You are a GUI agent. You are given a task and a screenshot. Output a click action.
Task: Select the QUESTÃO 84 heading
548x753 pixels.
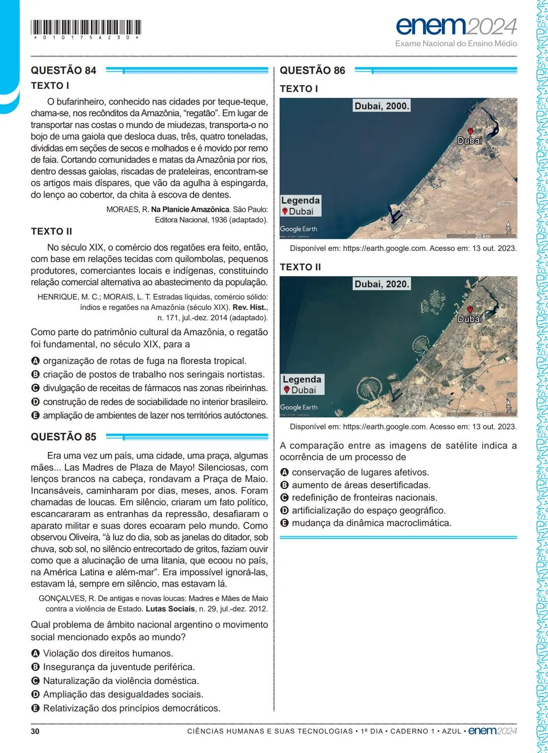coord(63,71)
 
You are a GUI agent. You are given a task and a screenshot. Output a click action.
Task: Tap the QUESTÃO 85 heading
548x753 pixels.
coord(63,437)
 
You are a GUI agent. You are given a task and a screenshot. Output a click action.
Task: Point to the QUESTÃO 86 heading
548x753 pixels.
coord(312,71)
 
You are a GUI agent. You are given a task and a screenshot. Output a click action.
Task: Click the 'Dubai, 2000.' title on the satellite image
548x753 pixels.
coord(382,106)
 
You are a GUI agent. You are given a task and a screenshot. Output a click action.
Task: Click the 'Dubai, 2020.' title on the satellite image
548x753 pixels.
coord(382,284)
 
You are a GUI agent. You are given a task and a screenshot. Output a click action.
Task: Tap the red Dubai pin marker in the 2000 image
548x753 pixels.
coord(470,131)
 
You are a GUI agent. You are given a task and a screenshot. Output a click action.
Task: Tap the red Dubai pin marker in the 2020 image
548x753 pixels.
coord(470,309)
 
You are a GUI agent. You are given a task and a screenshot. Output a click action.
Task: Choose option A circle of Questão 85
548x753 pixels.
coord(36,653)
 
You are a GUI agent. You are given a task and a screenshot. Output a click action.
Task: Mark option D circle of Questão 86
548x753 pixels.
coord(284,510)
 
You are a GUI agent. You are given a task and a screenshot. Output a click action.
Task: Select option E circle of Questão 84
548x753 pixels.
coord(36,415)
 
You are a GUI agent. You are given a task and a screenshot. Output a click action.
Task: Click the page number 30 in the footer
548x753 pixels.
coord(35,731)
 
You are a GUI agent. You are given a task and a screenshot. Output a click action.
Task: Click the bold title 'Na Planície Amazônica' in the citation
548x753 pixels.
coord(190,209)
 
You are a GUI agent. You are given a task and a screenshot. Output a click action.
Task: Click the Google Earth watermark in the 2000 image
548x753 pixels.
coord(299,229)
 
